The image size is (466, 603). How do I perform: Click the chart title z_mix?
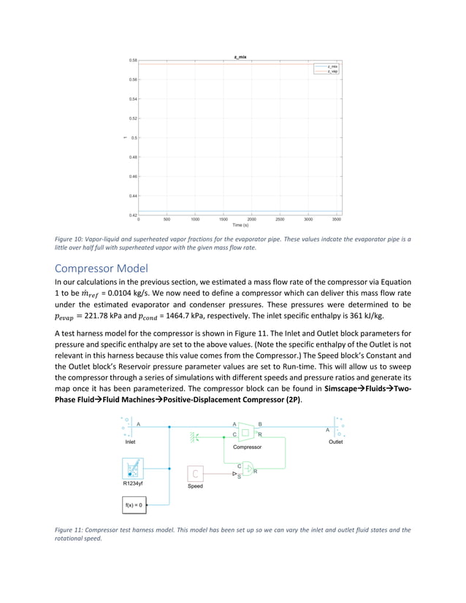pyautogui.click(x=239, y=57)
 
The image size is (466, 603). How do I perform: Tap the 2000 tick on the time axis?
pyautogui.click(x=251, y=218)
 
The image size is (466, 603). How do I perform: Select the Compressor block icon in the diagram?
pyautogui.click(x=245, y=432)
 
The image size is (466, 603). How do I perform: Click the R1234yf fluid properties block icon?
pyautogui.click(x=134, y=469)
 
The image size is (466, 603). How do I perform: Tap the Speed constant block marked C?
pyautogui.click(x=196, y=474)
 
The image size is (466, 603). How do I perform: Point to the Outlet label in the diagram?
pyautogui.click(x=335, y=442)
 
